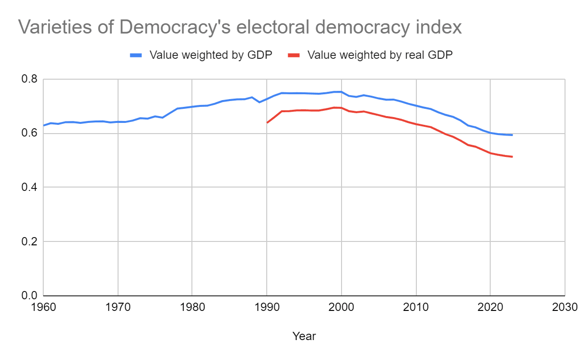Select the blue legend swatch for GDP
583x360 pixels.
click(136, 55)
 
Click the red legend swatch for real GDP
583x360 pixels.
click(293, 55)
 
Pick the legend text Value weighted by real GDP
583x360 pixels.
click(380, 55)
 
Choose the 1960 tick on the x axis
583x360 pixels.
click(43, 308)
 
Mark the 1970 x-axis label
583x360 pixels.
click(118, 308)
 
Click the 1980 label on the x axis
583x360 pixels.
click(192, 308)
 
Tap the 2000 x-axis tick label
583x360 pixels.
click(341, 308)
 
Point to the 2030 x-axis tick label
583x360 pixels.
click(564, 308)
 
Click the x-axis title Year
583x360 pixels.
click(304, 336)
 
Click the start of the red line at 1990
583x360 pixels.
click(267, 122)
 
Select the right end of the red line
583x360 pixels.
click(513, 156)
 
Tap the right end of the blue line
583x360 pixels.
click(513, 135)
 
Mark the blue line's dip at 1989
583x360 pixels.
click(259, 102)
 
